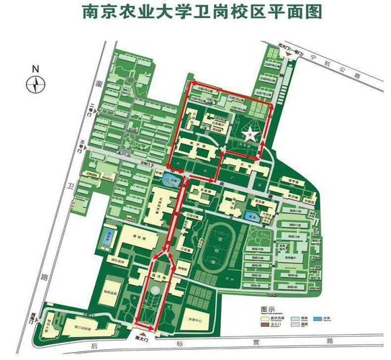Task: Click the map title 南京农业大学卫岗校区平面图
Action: click(195, 12)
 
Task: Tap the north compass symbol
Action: click(35, 84)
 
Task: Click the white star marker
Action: click(249, 134)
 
